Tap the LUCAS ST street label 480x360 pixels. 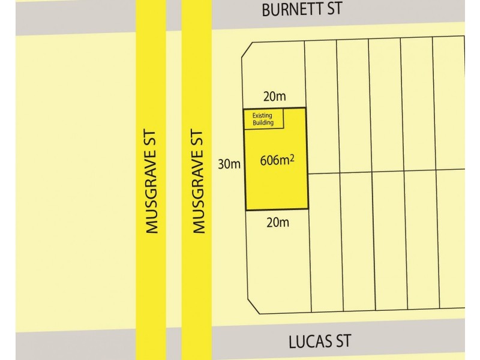[x=320, y=342]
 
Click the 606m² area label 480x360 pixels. [x=277, y=161]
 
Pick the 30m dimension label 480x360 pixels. [x=229, y=163]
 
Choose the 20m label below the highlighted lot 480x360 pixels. [x=277, y=223]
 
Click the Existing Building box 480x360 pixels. [x=263, y=119]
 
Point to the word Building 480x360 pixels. [x=263, y=123]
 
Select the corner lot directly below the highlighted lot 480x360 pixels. [x=277, y=264]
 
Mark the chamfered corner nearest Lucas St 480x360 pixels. [x=251, y=306]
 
